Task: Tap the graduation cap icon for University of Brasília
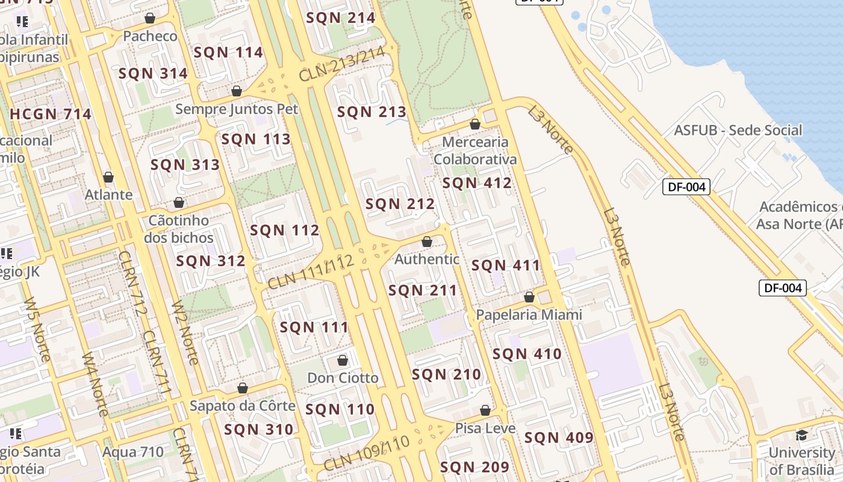801,435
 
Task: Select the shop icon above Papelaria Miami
529,297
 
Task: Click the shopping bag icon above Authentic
427,242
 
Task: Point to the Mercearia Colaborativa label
475,151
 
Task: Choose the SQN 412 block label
477,183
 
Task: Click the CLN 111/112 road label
310,271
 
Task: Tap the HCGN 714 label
51,114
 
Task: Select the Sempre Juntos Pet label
237,109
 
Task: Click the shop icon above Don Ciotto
343,360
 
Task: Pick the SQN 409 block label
559,438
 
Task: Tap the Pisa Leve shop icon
485,410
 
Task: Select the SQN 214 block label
341,17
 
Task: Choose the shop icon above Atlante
108,177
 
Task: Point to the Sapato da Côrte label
243,405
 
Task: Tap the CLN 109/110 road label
366,454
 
